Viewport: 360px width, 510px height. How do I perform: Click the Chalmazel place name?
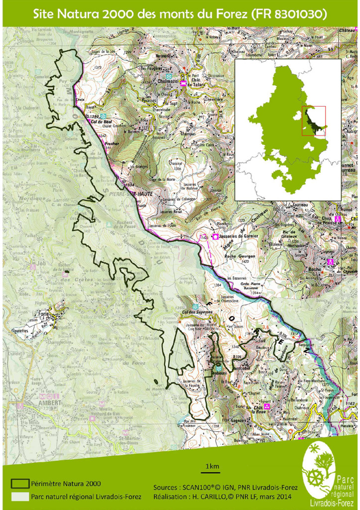coord(168,81)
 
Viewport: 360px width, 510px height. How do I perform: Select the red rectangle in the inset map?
coord(313,121)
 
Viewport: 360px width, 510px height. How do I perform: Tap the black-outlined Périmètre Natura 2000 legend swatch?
coord(20,483)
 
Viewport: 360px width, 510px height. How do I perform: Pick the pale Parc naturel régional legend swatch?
coord(20,496)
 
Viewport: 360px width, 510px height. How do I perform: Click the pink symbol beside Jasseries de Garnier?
coord(216,237)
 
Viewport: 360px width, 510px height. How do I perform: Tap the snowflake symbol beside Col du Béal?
coord(103,115)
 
